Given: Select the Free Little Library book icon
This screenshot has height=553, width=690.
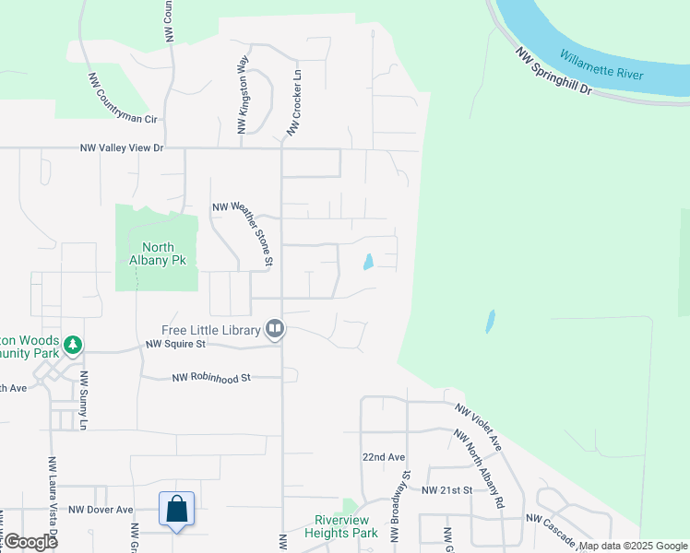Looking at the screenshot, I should point(274,329).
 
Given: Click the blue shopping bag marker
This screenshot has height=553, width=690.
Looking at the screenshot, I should point(176,510).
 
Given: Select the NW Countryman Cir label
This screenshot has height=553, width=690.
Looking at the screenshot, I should point(124,99).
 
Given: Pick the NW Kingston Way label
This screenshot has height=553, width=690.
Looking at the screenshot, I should point(244,95).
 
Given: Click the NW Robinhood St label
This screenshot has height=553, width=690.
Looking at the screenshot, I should point(212,378).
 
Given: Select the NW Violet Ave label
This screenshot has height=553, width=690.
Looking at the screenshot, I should point(478,425).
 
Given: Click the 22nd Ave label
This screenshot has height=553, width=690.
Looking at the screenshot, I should point(384,457).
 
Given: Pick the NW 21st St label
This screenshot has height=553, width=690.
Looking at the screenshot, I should point(446,490).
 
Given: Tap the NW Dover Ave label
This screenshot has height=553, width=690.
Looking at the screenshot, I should point(101,510).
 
